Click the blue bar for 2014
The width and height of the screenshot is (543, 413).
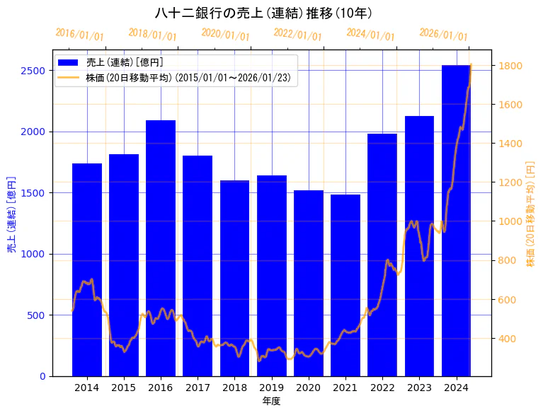click(87, 269)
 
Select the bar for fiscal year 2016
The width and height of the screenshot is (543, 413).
click(161, 248)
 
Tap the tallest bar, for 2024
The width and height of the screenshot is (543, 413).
click(456, 220)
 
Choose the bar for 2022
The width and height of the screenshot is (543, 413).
click(382, 255)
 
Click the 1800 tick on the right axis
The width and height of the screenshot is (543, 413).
click(510, 66)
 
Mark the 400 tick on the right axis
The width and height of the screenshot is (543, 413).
click(508, 339)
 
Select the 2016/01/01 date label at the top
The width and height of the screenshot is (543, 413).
click(79, 35)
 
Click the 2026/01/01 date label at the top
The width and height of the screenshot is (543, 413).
click(443, 35)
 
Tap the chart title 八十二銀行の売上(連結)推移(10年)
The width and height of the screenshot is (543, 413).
click(263, 13)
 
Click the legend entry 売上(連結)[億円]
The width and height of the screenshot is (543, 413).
click(125, 62)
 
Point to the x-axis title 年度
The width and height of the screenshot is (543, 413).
click(271, 401)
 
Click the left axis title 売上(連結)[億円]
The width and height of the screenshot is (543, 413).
click(11, 214)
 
